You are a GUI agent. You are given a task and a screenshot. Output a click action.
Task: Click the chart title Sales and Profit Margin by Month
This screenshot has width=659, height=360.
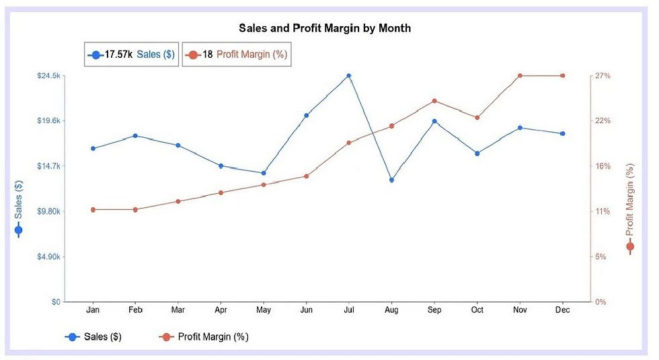tap(325, 28)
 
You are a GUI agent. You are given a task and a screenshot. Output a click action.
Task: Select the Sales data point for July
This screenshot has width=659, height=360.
tap(348, 76)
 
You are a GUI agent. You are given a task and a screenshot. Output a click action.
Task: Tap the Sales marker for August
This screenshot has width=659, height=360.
tap(391, 180)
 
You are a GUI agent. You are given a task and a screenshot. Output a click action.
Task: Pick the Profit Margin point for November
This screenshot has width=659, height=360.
tap(520, 76)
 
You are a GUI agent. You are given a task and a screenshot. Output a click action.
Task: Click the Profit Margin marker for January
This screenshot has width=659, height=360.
tap(93, 209)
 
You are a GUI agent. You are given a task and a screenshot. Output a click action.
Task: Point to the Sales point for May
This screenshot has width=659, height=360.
tap(264, 173)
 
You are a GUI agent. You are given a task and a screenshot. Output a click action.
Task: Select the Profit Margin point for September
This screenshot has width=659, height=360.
tap(434, 101)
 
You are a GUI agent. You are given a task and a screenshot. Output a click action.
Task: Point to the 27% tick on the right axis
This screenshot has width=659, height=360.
tap(602, 76)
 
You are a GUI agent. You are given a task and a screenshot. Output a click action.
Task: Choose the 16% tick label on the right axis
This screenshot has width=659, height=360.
tap(602, 166)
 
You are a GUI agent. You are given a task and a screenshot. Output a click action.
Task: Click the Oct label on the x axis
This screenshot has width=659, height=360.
tap(477, 310)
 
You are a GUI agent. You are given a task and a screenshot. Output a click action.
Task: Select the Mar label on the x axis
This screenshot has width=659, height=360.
tap(178, 310)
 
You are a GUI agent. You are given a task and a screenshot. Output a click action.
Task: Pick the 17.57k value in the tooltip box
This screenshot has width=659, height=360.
tap(118, 55)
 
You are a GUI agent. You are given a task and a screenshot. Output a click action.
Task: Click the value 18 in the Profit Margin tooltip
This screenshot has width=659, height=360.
tap(207, 55)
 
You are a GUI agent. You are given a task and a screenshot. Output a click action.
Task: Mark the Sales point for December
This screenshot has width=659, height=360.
tap(562, 133)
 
